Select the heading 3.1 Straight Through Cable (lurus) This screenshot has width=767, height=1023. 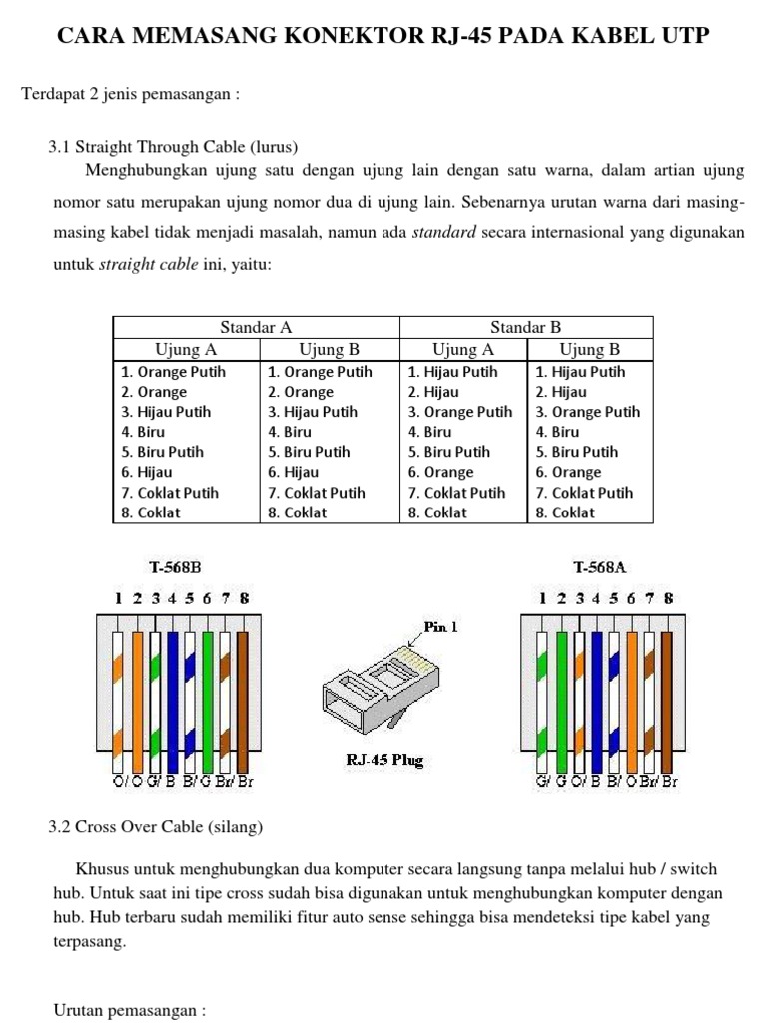pos(173,146)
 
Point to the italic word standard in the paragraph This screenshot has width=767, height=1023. pos(444,233)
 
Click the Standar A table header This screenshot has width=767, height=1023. pos(256,327)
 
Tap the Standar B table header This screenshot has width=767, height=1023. pos(526,327)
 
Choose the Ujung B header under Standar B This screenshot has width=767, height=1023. pos(589,349)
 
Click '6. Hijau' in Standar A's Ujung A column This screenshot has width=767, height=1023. pos(147,472)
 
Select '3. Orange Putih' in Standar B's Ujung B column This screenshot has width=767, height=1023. pos(588,412)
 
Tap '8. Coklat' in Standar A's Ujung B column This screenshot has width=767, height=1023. pos(297,512)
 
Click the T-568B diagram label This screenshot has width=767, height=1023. pos(175,567)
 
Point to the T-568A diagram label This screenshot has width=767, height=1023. pos(600,567)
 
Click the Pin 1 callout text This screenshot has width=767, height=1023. pos(440,627)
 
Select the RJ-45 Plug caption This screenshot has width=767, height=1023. pos(384,760)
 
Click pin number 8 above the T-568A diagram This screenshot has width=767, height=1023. pos(668,599)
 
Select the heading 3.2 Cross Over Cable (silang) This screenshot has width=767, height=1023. pos(155,827)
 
